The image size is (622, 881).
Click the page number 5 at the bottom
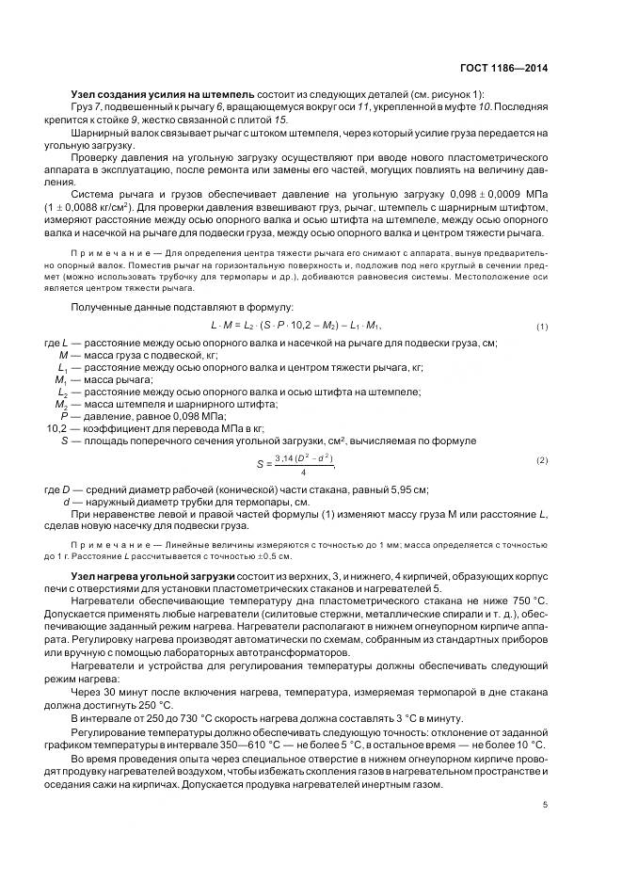(x=546, y=805)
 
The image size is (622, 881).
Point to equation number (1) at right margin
(x=542, y=327)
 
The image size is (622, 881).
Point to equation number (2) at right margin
(x=542, y=460)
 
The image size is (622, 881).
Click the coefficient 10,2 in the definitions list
(x=58, y=428)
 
